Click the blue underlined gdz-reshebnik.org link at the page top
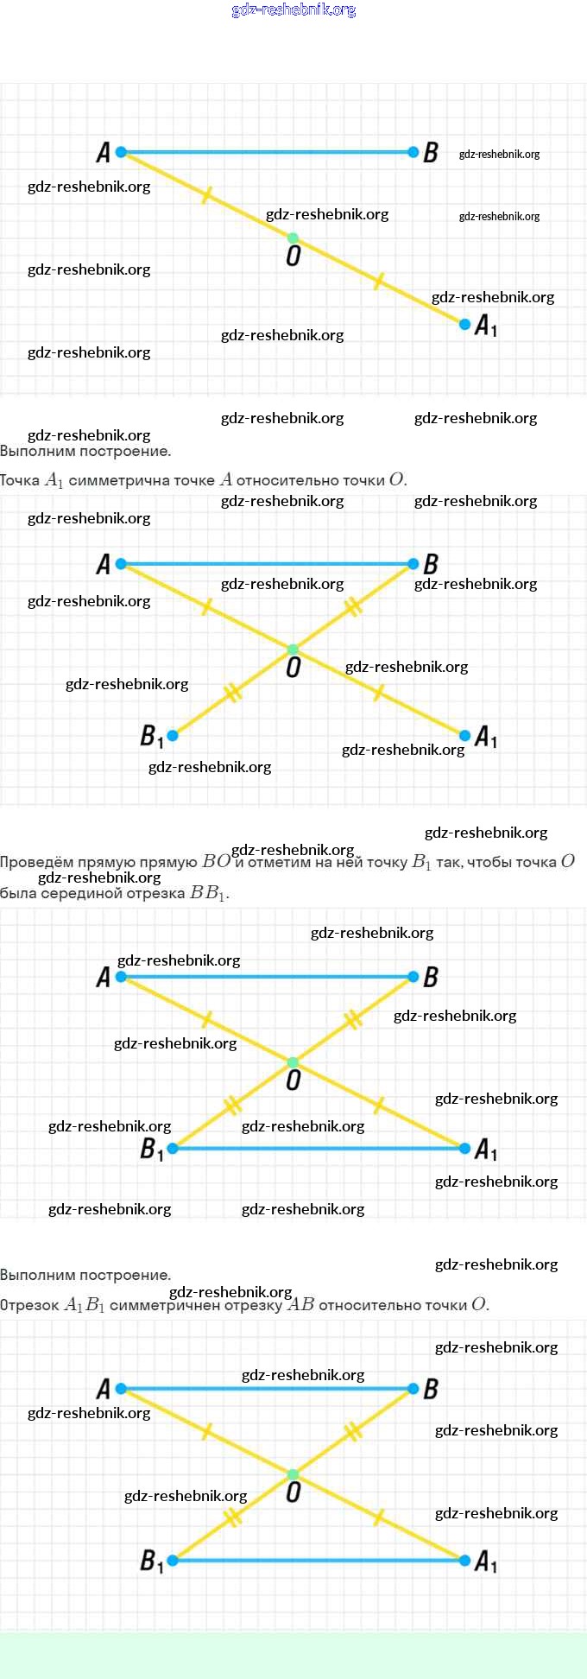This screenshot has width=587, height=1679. click(x=293, y=10)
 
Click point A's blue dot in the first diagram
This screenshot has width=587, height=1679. click(x=121, y=152)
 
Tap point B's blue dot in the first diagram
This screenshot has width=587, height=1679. click(x=413, y=152)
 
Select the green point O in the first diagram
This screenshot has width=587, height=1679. click(x=293, y=238)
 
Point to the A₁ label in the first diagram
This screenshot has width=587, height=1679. click(x=486, y=326)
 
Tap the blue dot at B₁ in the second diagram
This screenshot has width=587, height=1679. click(x=173, y=736)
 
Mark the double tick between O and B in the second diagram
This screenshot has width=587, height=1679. click(x=352, y=607)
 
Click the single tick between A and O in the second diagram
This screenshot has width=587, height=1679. click(x=206, y=607)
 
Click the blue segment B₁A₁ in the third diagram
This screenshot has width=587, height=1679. click(x=319, y=1149)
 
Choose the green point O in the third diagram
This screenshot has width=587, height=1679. click(x=293, y=1062)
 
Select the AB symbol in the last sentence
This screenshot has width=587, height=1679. click(x=300, y=1304)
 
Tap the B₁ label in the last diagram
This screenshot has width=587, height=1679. click(x=152, y=1562)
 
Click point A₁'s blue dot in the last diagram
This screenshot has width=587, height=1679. click(x=465, y=1561)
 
